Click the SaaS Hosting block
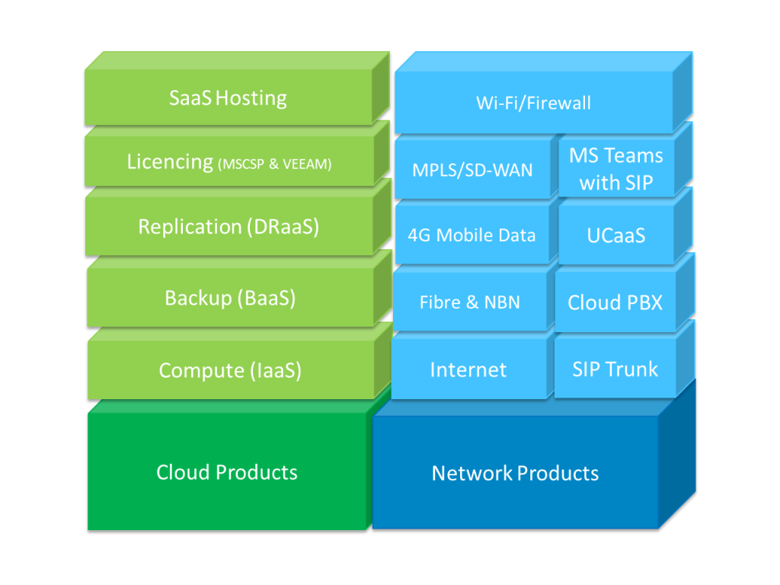[x=228, y=98]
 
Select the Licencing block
[x=229, y=162]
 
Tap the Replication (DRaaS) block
[x=229, y=227]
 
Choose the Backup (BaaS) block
[x=230, y=298]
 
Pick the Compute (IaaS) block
[x=230, y=371]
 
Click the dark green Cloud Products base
[x=227, y=472]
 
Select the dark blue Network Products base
[x=515, y=474]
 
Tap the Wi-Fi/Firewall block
[x=533, y=103]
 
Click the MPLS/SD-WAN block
[x=472, y=169]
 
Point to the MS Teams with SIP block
[x=615, y=169]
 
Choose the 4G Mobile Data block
[x=472, y=235]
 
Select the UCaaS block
[x=615, y=235]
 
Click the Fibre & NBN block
[x=469, y=302]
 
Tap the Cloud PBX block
[x=615, y=302]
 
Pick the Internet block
[x=468, y=370]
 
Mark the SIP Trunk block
[x=615, y=369]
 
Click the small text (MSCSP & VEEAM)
[x=275, y=164]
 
